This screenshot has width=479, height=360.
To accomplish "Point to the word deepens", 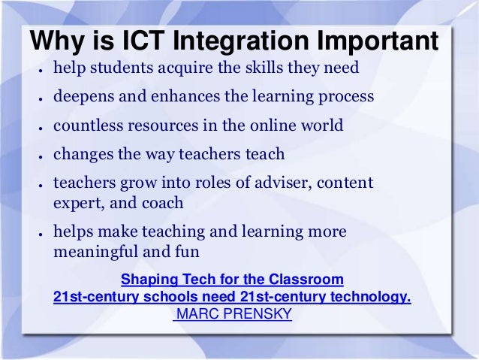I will tap(84, 98).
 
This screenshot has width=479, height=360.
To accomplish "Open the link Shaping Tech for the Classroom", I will tap(232, 280).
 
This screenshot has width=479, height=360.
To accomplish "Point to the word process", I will tap(346, 98).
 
